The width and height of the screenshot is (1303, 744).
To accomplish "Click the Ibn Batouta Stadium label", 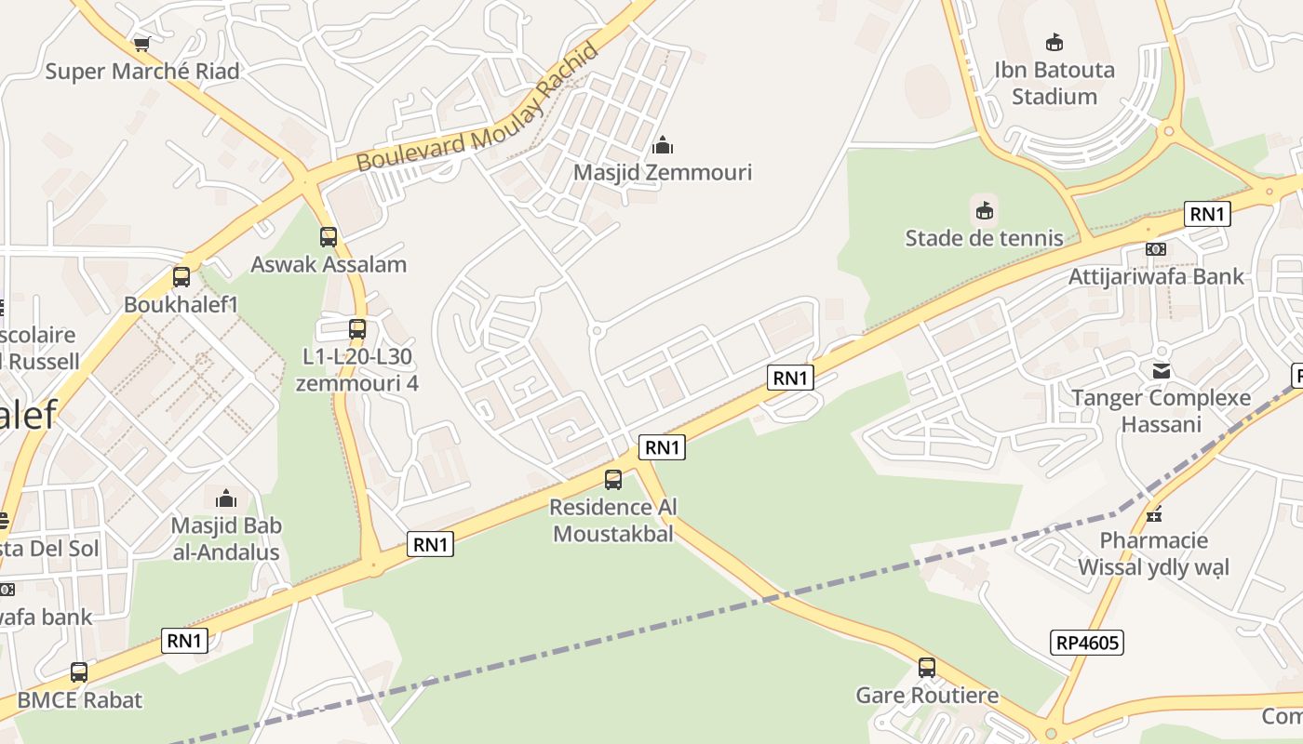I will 1054,83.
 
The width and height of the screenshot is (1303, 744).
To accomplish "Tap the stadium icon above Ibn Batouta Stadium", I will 1054,43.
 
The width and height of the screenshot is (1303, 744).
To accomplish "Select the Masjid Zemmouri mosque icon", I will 663,145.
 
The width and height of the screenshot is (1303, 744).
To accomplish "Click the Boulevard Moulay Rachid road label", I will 477,109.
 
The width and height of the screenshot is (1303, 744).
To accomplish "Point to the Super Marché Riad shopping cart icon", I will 141,44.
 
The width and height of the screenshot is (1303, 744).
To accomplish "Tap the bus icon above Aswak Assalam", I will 329,237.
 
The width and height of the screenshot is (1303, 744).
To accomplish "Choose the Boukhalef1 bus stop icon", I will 181,277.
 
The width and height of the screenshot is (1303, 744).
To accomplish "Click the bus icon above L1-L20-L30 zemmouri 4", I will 357,328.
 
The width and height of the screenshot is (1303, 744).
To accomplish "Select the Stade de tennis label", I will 984,238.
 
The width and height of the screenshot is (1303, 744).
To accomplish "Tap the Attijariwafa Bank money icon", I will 1156,249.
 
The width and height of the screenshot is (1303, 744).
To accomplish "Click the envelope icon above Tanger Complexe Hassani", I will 1162,371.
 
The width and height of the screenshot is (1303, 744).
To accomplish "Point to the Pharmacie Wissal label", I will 1153,553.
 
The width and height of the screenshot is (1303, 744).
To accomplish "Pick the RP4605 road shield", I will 1088,642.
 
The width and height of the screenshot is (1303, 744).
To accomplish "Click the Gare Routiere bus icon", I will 927,668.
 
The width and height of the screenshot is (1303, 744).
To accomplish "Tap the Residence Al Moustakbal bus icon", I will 613,480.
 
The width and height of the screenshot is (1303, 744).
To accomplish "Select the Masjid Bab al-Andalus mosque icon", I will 226,498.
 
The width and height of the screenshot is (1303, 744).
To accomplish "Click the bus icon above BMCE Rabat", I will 79,672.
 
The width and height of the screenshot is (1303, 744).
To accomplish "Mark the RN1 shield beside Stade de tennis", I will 1207,214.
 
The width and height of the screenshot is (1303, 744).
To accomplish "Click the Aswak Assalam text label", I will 329,264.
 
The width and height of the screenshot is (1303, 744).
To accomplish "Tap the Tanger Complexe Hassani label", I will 1161,411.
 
